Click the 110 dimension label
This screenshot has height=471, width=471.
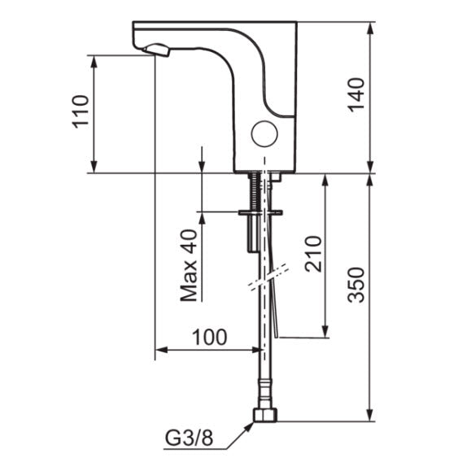pos(81,111)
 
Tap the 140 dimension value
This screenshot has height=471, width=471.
pos(356,94)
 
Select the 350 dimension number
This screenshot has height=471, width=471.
pos(356,284)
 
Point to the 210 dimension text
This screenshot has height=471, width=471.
pos(313,254)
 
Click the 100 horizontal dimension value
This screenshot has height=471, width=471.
pos(209,337)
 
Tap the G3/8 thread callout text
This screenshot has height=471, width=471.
pos(190,438)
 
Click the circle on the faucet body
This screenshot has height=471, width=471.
pos(264,134)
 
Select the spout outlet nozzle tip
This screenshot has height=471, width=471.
pos(156,50)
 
